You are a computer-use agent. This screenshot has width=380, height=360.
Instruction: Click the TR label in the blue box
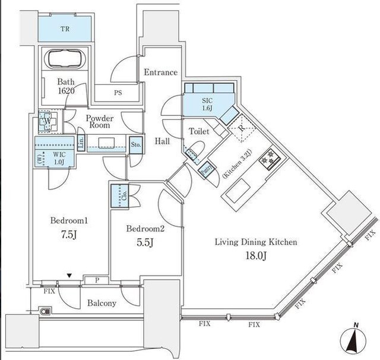click(x=65, y=27)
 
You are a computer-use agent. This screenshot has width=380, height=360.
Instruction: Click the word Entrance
click(x=160, y=72)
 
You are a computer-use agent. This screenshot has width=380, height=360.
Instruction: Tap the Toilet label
click(x=198, y=131)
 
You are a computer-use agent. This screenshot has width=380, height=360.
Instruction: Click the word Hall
click(x=163, y=141)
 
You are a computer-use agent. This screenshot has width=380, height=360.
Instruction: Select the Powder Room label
click(x=100, y=122)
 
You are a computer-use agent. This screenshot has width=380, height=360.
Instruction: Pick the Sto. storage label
click(x=135, y=144)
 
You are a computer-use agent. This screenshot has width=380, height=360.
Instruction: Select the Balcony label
click(x=102, y=303)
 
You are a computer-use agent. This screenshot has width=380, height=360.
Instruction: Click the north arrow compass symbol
click(x=354, y=340)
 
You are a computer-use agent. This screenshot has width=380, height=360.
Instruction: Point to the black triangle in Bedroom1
click(x=70, y=275)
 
